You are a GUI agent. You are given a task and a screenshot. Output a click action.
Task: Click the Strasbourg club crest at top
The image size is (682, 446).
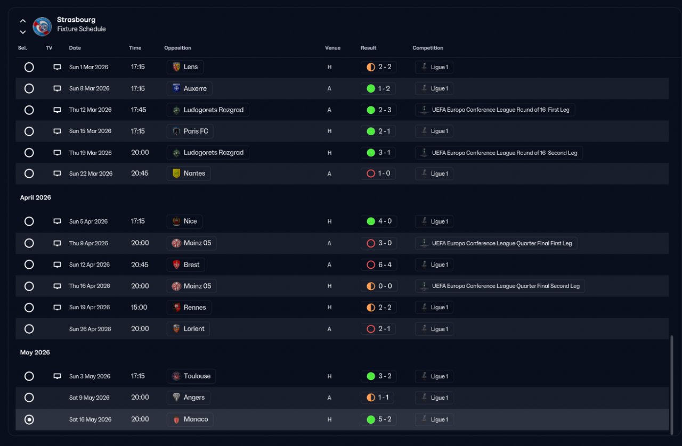[42, 26]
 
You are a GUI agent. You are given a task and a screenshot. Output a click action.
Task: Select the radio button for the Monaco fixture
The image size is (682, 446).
[29, 419]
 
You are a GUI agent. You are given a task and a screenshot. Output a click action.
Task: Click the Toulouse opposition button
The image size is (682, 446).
[191, 376]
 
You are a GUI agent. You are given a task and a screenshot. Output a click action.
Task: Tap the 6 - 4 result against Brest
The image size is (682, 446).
[378, 265]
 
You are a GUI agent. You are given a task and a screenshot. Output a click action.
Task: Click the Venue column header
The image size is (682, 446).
[332, 48]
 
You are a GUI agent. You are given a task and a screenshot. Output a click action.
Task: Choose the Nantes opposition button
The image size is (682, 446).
[189, 174]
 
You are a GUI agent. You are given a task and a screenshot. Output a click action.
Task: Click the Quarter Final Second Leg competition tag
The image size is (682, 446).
[500, 286]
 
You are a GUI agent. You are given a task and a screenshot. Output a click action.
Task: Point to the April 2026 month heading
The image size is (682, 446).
[36, 197]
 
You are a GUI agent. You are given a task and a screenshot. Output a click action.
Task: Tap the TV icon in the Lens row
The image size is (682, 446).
[57, 67]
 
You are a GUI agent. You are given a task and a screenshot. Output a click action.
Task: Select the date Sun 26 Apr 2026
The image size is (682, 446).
[90, 329]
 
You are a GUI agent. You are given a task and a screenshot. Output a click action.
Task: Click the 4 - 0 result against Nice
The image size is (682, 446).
[378, 221]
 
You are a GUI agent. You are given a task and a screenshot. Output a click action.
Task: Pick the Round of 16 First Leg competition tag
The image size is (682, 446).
[495, 110]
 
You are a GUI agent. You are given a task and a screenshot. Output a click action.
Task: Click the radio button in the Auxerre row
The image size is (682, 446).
[29, 88]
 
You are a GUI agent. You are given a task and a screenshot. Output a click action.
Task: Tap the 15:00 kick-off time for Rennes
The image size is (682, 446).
[139, 307]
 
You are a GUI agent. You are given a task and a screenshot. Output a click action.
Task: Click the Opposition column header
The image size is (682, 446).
[177, 48]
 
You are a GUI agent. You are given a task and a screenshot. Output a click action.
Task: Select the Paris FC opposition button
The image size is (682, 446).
[190, 131]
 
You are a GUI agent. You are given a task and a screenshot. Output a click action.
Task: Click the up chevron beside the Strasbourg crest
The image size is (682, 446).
[22, 21]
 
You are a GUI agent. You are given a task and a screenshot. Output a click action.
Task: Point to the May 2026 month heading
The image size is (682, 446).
[35, 352]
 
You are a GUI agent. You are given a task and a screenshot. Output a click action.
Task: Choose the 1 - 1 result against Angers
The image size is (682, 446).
[378, 398]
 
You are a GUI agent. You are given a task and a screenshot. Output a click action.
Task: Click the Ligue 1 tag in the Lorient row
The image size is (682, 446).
[434, 329]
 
